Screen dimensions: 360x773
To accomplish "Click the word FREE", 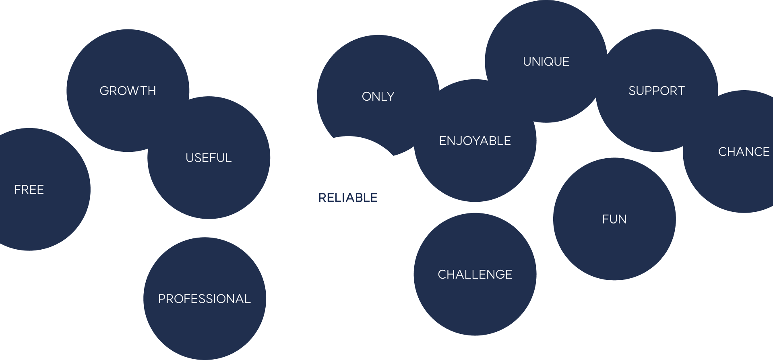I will pos(29,190).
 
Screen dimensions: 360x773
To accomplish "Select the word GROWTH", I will pos(128,91).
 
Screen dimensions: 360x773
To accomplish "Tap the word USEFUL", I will pos(209,158).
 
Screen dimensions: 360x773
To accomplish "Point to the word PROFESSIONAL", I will pos(205,299).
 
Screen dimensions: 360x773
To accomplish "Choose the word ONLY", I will pos(378,97).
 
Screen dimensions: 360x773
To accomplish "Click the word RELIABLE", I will pos(348,198).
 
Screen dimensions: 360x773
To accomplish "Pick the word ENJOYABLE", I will pos(475,141).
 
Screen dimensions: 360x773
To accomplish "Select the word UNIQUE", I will pos(546,62).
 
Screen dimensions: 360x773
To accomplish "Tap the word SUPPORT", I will pos(657,91).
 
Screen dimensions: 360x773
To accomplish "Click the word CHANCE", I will pos(744,152).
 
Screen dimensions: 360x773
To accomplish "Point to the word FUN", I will pos(614,219).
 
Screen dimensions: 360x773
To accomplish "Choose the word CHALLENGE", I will pos(475,275).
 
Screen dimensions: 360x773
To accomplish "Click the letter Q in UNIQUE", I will pos(550,62).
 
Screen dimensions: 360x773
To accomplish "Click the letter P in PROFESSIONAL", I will pos(161,299).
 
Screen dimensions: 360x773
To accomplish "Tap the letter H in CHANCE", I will pos(732,152).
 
